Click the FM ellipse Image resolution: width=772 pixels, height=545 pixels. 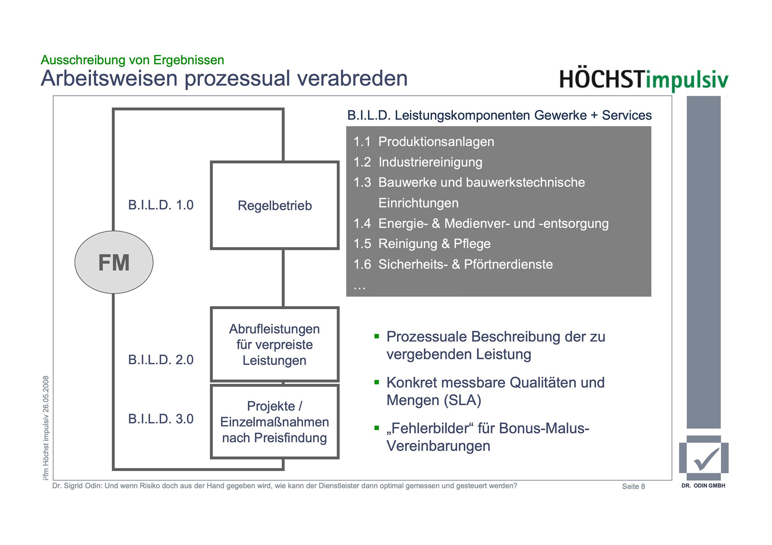click(x=114, y=262)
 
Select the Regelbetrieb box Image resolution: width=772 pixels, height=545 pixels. click(x=275, y=205)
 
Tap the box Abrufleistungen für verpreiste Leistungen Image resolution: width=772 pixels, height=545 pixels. click(x=275, y=344)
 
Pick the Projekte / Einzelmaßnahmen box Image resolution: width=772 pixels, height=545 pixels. click(x=275, y=422)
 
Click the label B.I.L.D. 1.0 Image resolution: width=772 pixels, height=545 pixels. click(x=161, y=205)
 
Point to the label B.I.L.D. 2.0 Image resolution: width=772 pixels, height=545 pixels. click(x=161, y=359)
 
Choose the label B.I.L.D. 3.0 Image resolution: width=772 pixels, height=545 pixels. click(x=161, y=418)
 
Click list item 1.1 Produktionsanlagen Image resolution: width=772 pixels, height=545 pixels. click(x=423, y=142)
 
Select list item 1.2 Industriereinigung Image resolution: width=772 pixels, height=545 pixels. click(x=417, y=162)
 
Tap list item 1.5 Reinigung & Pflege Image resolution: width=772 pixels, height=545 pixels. click(x=422, y=244)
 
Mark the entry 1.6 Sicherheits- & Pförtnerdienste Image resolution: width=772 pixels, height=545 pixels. click(x=453, y=264)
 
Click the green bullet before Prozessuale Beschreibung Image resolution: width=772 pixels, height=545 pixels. click(x=377, y=337)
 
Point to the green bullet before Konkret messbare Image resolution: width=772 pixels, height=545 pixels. click(x=377, y=382)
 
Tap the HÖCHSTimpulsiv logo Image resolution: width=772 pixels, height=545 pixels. click(x=643, y=80)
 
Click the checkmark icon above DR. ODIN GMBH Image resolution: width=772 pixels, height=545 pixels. click(x=704, y=459)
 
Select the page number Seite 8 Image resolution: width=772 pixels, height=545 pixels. click(x=633, y=486)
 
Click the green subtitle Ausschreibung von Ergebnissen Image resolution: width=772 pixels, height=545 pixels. click(x=132, y=60)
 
